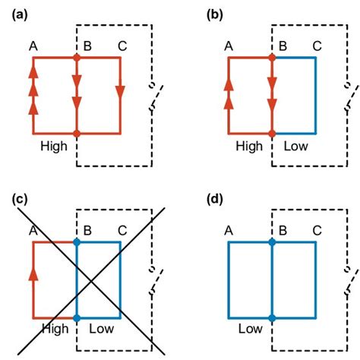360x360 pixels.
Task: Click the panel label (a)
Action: (21, 12)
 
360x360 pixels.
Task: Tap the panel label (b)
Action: (216, 12)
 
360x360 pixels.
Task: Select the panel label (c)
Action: (21, 200)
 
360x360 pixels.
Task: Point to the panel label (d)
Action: (216, 200)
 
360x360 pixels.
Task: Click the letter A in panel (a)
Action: (33, 47)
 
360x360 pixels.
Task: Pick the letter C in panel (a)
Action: (122, 47)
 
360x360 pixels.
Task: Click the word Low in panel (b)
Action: (296, 146)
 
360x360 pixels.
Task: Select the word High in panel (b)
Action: (251, 146)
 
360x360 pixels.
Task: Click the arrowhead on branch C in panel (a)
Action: (120, 92)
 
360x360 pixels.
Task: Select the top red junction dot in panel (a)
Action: (77, 57)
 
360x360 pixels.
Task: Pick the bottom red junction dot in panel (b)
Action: (272, 134)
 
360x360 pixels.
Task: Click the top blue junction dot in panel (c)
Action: (77, 242)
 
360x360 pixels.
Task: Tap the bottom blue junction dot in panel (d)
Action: (272, 318)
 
